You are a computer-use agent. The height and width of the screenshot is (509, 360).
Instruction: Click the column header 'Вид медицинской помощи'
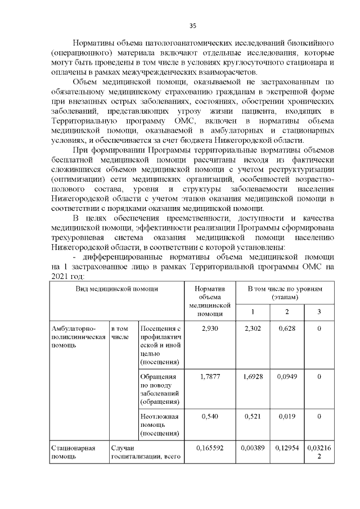[117, 288]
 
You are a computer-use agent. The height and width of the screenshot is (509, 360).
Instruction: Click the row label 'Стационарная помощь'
[73, 453]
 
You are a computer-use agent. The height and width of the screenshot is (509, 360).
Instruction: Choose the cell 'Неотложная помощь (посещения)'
[160, 425]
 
